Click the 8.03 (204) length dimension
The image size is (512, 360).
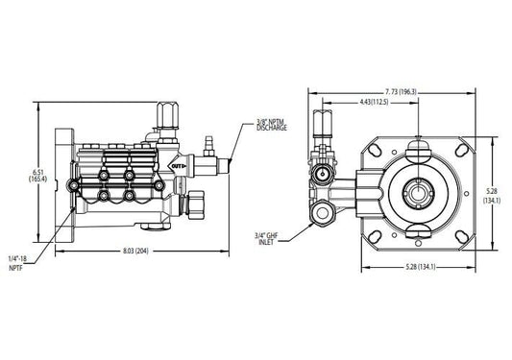tap(135, 251)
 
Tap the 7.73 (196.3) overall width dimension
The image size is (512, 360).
tap(400, 92)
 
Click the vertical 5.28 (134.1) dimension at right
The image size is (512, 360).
tap(492, 196)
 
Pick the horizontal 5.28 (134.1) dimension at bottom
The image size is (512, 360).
tap(421, 267)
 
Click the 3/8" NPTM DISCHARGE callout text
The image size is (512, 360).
tap(272, 125)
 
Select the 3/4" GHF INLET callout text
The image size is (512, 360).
tap(265, 239)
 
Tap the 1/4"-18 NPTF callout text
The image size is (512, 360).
tap(17, 263)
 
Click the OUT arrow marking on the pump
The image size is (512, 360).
tap(177, 166)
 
